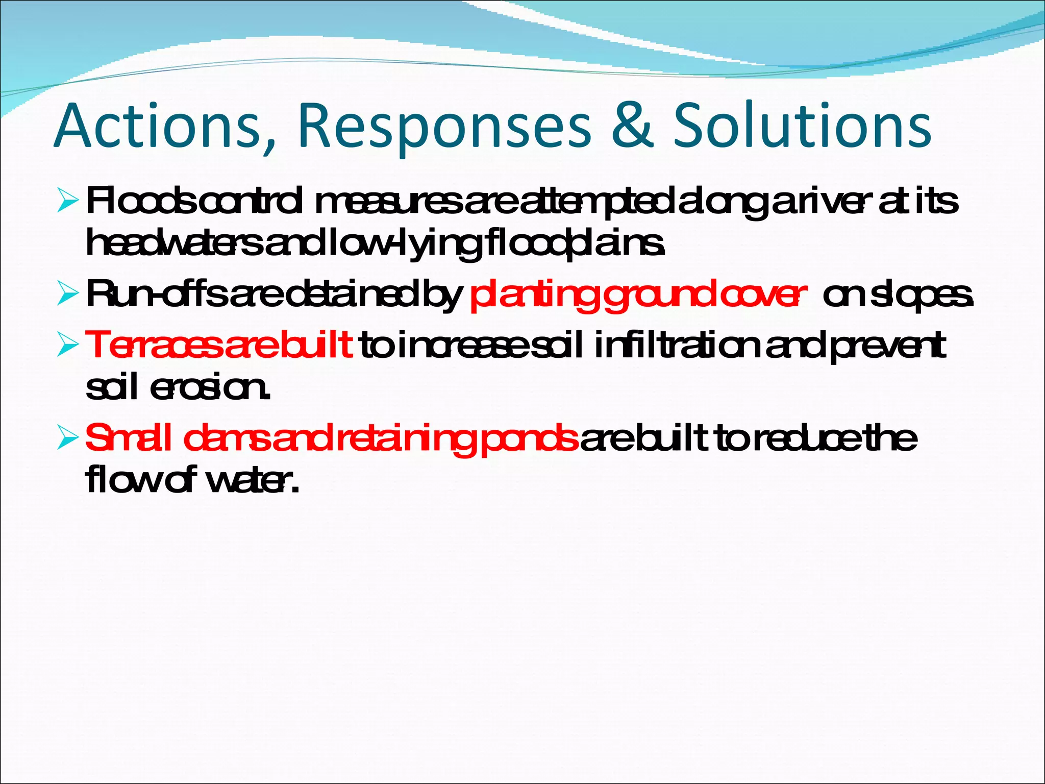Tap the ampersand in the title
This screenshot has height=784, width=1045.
tap(632, 126)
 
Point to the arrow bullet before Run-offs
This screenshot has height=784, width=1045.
tap(68, 295)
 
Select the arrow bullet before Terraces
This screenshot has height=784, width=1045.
tap(68, 345)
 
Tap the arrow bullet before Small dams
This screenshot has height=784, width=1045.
tap(68, 438)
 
